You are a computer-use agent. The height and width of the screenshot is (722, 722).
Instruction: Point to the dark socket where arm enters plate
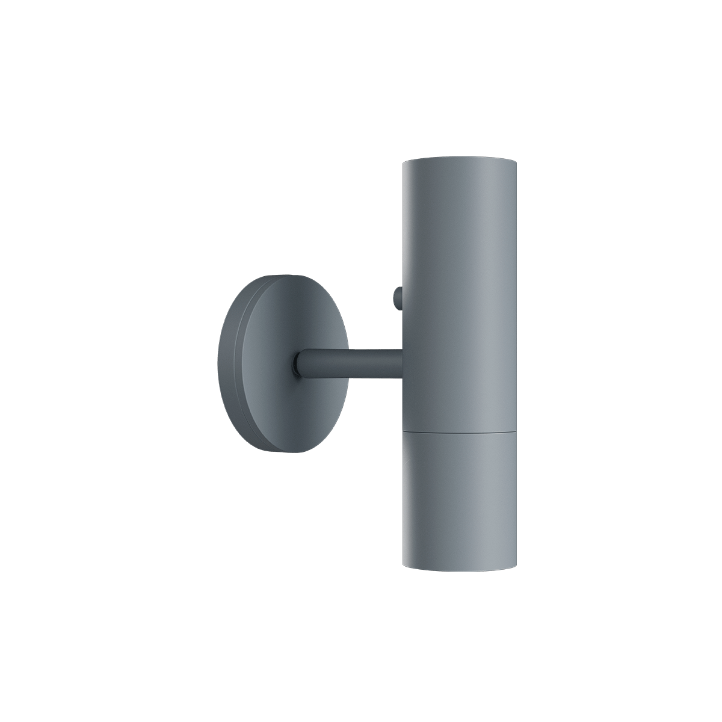coord(297,365)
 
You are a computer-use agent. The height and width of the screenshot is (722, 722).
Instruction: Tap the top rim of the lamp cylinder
coord(458,161)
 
